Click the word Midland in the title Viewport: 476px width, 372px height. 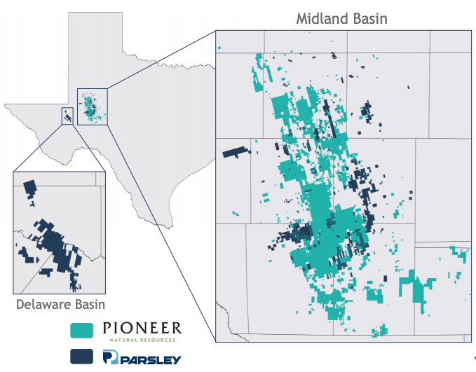point(318,18)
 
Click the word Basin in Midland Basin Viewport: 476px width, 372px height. point(368,18)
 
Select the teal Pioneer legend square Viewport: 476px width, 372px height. point(82,330)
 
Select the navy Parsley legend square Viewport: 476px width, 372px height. point(82,356)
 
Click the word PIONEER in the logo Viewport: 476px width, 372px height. point(142,328)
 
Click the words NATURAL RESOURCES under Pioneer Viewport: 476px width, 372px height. point(142,339)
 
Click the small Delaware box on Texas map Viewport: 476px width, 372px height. point(67,116)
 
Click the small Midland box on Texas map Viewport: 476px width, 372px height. point(92,106)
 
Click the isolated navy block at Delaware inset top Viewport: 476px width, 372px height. point(30,188)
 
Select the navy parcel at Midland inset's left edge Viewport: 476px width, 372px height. point(236,151)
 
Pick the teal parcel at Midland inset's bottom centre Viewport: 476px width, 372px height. point(381,330)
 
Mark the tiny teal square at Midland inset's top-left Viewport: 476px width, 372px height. point(219,48)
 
